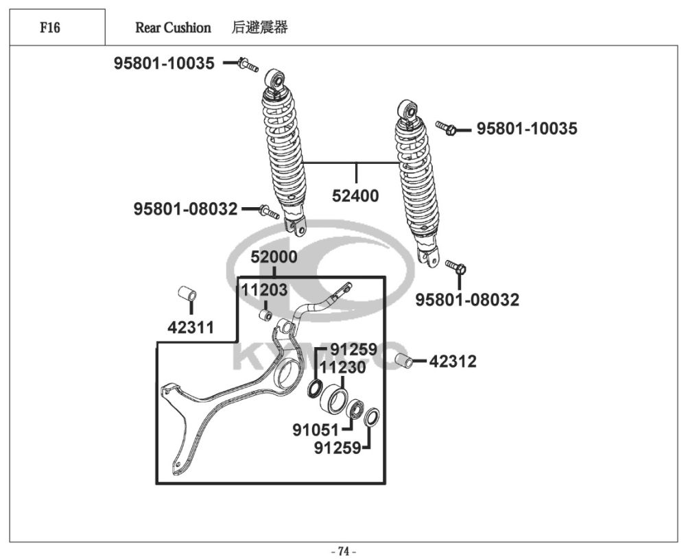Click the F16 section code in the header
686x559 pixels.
coord(50,27)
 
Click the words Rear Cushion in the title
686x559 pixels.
coord(173,27)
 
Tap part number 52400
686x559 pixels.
coord(355,195)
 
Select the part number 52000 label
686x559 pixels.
coord(274,257)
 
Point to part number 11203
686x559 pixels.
coord(264,290)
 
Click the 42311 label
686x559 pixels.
coord(191,328)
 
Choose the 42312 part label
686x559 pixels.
coord(453,361)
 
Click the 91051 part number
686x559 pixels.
coord(316,431)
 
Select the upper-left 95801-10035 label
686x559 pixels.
coord(164,64)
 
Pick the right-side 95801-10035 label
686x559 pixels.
coord(527,128)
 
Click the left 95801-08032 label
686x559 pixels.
coord(185,209)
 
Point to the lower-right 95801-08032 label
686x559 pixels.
coord(467,300)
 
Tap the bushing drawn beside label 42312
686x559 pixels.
coord(405,361)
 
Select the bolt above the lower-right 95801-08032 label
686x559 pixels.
coord(456,267)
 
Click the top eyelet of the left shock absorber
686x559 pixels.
coord(276,79)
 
